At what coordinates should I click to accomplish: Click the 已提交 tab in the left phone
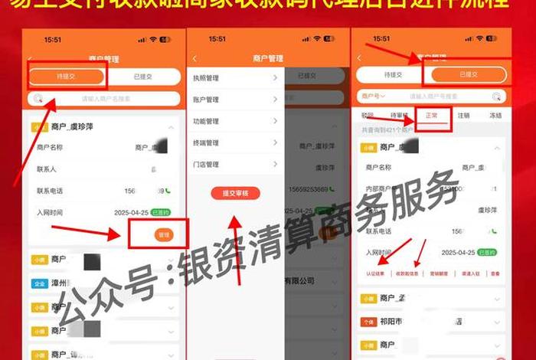pyautogui.click(x=143, y=76)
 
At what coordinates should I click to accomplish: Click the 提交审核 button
pyautogui.click(x=235, y=193)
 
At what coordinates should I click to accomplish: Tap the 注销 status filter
pyautogui.click(x=463, y=115)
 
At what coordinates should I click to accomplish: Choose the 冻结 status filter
pyautogui.click(x=495, y=115)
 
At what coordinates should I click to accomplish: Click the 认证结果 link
pyautogui.click(x=374, y=273)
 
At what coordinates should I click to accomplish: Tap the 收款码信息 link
pyautogui.click(x=407, y=273)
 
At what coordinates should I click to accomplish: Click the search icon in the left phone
pyautogui.click(x=38, y=99)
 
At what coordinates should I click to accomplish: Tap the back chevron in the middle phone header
pyautogui.click(x=195, y=58)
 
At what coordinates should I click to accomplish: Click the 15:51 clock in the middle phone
pyautogui.click(x=217, y=38)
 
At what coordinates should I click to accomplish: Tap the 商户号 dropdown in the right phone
pyautogui.click(x=373, y=96)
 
